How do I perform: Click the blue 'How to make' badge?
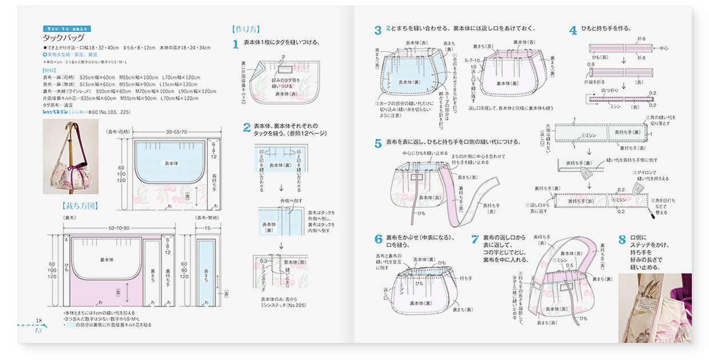click(66, 29)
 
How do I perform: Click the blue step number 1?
click(236, 45)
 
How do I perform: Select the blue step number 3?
click(377, 30)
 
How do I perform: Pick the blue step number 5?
click(378, 143)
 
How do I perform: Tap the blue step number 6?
click(378, 239)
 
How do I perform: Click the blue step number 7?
click(475, 239)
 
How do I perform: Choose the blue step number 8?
click(622, 239)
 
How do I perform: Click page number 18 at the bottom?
click(39, 321)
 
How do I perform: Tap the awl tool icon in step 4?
click(665, 215)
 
